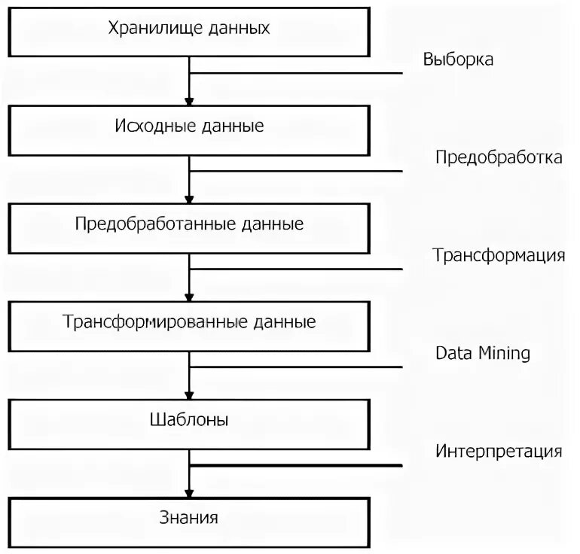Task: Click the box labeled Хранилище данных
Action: (x=189, y=29)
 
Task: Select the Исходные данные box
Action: (x=189, y=126)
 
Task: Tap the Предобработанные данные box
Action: (x=189, y=224)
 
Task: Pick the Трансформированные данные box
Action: (x=189, y=322)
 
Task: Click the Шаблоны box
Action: (x=189, y=419)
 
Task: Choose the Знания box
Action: (x=189, y=518)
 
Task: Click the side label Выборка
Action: (x=458, y=59)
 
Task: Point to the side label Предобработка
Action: (x=498, y=157)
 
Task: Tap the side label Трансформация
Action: (x=498, y=254)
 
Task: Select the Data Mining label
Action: (x=483, y=353)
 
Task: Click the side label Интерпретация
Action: (x=498, y=452)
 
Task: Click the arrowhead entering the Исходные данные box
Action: (x=190, y=101)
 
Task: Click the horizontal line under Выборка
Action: (x=301, y=73)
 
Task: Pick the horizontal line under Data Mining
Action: (x=301, y=367)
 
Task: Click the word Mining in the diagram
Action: (x=505, y=353)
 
